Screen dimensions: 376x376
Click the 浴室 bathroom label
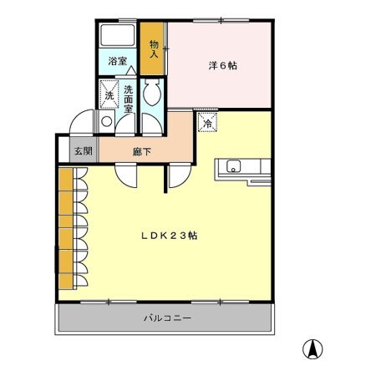[x=118, y=61]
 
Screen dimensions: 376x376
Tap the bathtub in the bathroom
[x=118, y=37]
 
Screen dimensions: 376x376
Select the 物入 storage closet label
[x=154, y=49]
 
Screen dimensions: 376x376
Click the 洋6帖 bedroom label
[x=222, y=65]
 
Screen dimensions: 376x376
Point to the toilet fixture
[x=152, y=94]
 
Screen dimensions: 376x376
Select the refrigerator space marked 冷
[x=206, y=124]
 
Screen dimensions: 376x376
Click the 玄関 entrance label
[x=82, y=151]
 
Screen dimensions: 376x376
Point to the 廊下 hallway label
[x=142, y=151]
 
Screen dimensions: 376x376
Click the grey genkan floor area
[x=82, y=151]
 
